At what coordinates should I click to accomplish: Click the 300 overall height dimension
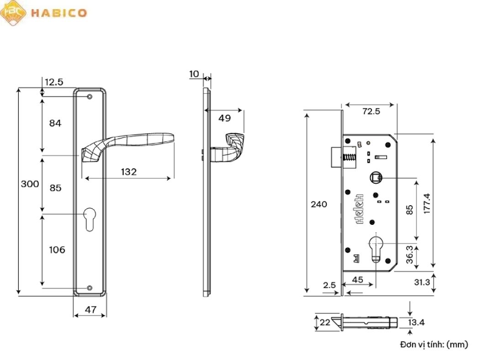[x=30, y=184]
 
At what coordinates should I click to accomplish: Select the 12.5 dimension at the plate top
[x=54, y=82]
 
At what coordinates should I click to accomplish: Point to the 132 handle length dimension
[x=128, y=172]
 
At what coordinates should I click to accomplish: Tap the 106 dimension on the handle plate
[x=57, y=250]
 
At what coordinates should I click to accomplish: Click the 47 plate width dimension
[x=90, y=310]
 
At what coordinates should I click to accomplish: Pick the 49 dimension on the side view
[x=224, y=118]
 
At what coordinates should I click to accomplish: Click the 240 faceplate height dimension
[x=319, y=204]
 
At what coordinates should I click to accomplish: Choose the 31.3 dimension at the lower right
[x=422, y=282]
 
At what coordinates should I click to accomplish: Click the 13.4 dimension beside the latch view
[x=416, y=323]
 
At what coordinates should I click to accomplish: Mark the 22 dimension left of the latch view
[x=325, y=323]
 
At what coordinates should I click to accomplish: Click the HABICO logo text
[x=58, y=12]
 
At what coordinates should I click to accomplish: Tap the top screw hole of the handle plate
[x=90, y=96]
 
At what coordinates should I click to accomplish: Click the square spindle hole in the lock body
[x=376, y=177]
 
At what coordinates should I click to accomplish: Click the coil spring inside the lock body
[x=350, y=159]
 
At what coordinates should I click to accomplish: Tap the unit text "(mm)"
[x=457, y=344]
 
